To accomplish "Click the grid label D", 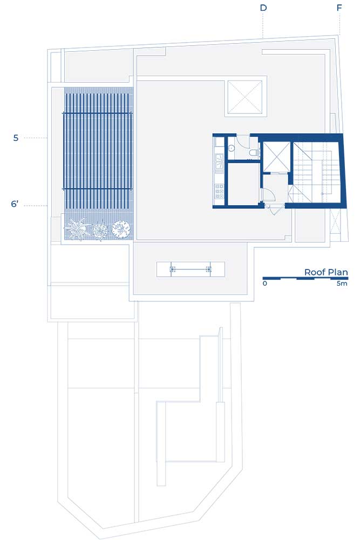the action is pos(263,8).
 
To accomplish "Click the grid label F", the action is pos(339,8).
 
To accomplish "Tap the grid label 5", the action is pos(16,138).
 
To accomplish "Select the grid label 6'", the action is pos(15,204).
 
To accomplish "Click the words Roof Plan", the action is pos(326,272).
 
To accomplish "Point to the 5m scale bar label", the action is pos(342,283).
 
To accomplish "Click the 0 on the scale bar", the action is pos(264,283).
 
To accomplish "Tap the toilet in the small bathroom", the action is pos(254,153).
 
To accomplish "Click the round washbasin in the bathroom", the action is pos(232,148).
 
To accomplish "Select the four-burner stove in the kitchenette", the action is pos(219,192).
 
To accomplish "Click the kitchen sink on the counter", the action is pos(219,163).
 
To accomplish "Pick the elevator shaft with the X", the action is pos(276,156).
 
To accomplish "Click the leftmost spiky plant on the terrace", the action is pos(77,228).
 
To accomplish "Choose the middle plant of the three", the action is pos(100,230).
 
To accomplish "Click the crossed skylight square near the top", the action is pos(244,97).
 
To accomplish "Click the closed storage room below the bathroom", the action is pos(243,184).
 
